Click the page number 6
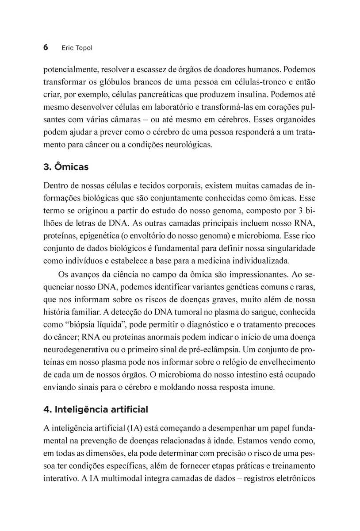point(46,47)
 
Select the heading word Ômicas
point(72,167)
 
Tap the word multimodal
point(124,478)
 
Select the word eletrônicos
point(291,478)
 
